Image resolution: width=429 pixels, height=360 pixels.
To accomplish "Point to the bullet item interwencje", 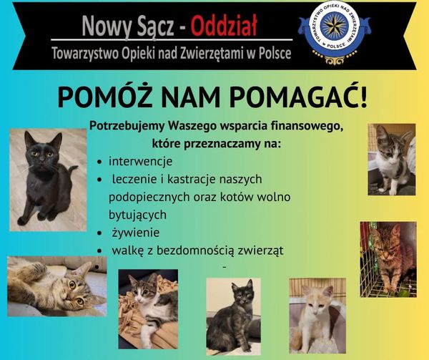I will [x=141, y=161].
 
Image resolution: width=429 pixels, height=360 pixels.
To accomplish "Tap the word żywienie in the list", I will [x=136, y=233].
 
